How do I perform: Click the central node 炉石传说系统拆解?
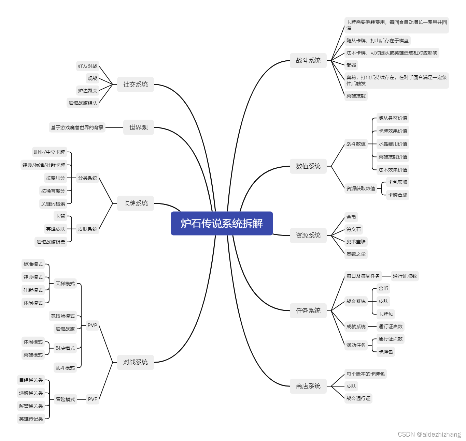click(222, 224)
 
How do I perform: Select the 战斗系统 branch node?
click(308, 61)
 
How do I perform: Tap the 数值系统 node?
click(308, 166)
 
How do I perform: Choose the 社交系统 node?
click(135, 85)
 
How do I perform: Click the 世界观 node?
click(138, 127)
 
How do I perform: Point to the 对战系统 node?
click(135, 362)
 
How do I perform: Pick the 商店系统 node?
click(308, 386)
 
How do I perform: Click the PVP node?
click(92, 325)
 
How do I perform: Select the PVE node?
click(93, 399)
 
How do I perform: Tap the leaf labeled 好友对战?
click(87, 66)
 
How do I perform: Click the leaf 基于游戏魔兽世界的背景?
click(77, 127)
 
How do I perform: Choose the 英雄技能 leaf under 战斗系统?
click(356, 96)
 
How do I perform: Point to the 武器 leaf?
click(351, 65)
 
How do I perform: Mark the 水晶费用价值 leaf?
click(393, 144)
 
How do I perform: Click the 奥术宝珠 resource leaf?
click(356, 242)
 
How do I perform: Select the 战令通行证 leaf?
click(358, 398)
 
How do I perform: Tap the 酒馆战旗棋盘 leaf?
click(51, 242)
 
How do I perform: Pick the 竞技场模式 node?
click(63, 316)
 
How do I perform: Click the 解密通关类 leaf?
click(31, 406)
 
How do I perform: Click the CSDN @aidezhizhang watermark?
click(429, 434)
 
